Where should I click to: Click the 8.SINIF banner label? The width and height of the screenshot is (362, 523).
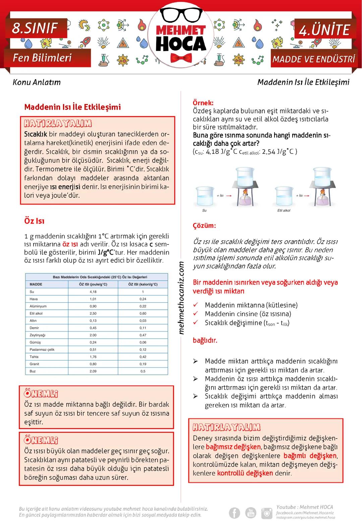(x=35, y=28)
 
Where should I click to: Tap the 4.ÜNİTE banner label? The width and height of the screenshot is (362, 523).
(x=324, y=30)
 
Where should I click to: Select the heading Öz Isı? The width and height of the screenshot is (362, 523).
(x=34, y=221)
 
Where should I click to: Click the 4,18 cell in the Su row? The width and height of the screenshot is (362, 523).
(x=93, y=292)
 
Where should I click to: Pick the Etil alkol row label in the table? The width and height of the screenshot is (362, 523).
(x=36, y=313)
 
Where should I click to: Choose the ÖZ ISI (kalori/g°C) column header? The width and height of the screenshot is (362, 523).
(x=143, y=284)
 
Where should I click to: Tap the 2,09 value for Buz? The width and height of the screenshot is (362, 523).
(x=93, y=371)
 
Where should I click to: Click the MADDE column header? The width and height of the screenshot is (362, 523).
(x=36, y=284)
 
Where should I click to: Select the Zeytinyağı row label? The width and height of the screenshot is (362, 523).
(x=38, y=335)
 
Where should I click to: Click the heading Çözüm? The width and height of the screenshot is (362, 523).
(x=204, y=226)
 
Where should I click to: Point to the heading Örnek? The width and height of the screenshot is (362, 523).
(x=203, y=103)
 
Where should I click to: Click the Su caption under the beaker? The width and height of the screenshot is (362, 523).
(x=204, y=211)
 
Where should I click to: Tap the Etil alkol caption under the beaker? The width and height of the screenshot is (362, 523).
(x=284, y=211)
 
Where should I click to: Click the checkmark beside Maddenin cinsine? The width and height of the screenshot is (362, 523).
(x=196, y=314)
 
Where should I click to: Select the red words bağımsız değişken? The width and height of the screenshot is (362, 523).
(x=233, y=447)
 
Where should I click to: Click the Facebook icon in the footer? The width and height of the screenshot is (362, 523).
(x=234, y=513)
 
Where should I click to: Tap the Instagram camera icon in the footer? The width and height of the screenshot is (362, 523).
(x=267, y=513)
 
